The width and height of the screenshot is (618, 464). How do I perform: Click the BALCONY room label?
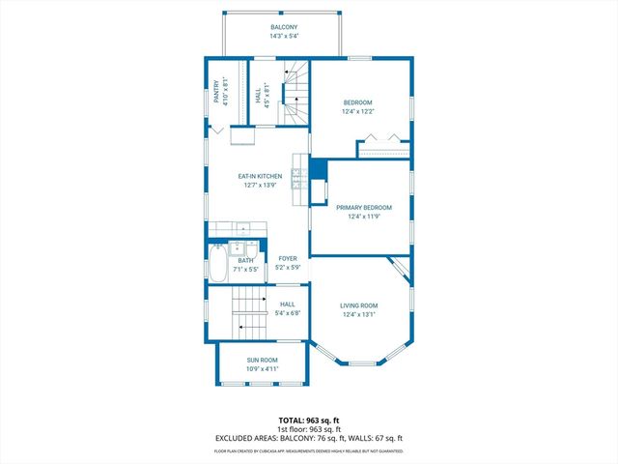[283, 27]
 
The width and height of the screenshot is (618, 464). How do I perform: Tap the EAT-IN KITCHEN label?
[260, 176]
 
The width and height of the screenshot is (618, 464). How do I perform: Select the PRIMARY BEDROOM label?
[363, 207]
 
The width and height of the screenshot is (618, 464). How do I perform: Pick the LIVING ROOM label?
[358, 304]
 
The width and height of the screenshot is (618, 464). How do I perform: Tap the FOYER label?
[288, 258]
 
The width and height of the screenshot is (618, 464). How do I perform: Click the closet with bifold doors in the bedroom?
[384, 148]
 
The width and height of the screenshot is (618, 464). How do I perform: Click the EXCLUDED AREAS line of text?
[308, 438]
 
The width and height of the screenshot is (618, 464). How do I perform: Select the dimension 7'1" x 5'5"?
[245, 270]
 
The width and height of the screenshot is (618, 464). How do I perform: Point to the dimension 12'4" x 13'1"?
[358, 314]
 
